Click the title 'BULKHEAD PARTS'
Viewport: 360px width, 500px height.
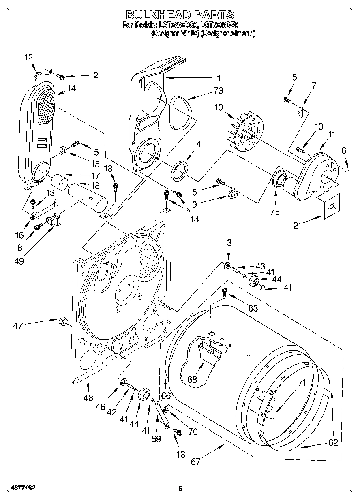click(180, 15)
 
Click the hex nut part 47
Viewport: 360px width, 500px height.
click(63, 321)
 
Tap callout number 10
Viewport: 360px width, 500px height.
click(219, 107)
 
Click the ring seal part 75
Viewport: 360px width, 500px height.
click(279, 179)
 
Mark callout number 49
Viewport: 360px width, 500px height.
click(19, 261)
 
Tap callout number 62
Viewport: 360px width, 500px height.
click(333, 442)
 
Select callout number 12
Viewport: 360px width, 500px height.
click(29, 57)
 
